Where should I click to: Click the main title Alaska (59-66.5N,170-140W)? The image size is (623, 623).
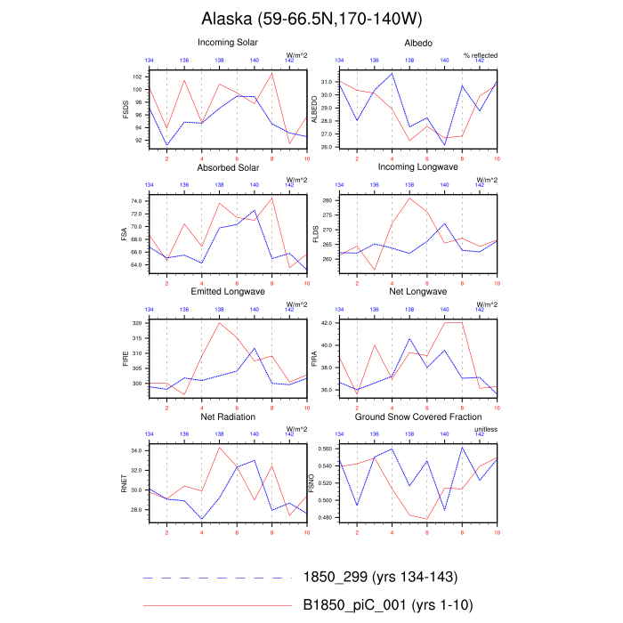coord(311,19)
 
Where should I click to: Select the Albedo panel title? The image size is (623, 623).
coord(417,42)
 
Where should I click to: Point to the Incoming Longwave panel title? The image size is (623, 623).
coord(417,166)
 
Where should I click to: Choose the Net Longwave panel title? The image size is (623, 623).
coord(417,292)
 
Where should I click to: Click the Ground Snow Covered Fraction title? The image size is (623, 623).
coord(417,417)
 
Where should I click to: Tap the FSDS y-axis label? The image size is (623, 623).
coord(126,109)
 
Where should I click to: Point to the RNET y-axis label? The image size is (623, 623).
coord(126,484)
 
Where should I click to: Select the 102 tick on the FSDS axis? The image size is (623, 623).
coord(138,77)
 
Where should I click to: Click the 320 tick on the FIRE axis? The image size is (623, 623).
coord(136,323)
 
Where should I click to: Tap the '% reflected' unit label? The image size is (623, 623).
coord(481,55)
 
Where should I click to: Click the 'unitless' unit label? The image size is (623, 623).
coord(485,430)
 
